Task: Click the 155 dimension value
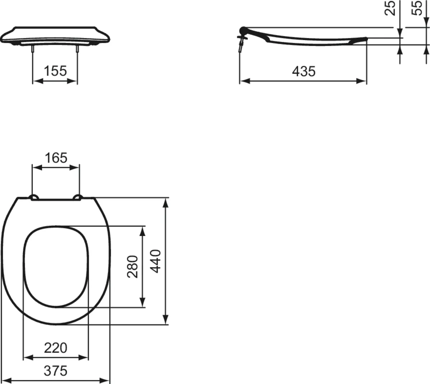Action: coord(55,71)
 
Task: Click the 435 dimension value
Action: coord(304,71)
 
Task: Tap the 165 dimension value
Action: coord(56,157)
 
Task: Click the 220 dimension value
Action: coord(56,347)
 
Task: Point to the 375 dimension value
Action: coord(56,370)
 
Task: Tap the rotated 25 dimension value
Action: coord(392,8)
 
